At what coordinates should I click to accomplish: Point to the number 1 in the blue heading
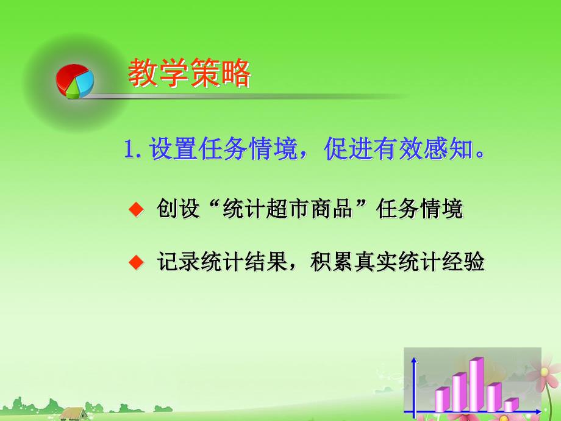[x=129, y=149]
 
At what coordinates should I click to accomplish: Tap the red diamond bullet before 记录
[x=135, y=263]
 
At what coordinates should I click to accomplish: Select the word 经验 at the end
[x=466, y=262]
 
